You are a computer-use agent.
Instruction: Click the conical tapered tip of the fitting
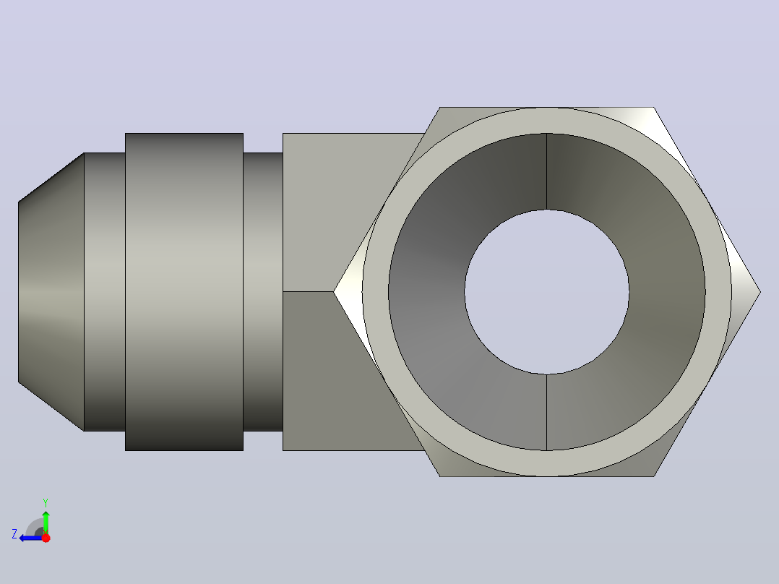[x=51, y=292]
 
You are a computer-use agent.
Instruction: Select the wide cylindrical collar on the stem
[x=184, y=292]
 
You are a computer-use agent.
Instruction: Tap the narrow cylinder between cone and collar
[x=104, y=292]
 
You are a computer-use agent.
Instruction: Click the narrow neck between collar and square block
[x=263, y=292]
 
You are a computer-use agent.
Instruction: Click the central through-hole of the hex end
[x=546, y=292]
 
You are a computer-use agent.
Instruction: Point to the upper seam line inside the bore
[x=546, y=171]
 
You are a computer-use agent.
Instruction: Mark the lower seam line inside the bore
[x=546, y=413]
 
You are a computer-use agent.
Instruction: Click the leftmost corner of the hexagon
[x=333, y=292]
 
